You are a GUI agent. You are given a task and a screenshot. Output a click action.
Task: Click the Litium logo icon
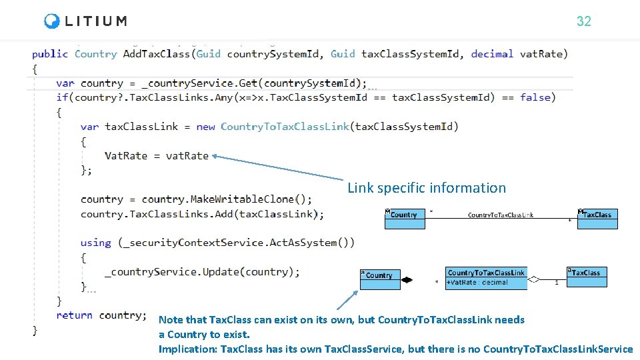[x=52, y=21]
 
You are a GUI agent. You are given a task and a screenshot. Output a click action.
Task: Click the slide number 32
[x=583, y=21]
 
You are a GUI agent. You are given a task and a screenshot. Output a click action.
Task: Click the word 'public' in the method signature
[x=50, y=54]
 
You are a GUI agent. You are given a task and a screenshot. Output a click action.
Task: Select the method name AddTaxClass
[x=157, y=54]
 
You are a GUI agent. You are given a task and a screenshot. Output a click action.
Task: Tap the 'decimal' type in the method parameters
[x=492, y=54]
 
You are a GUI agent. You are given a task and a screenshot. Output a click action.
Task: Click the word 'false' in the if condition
[x=535, y=97]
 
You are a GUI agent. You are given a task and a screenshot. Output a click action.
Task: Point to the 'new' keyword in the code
[x=205, y=127]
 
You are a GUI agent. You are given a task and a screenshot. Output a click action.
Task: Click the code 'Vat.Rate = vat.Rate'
[x=157, y=155]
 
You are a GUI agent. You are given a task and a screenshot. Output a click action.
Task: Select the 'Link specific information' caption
[x=427, y=188]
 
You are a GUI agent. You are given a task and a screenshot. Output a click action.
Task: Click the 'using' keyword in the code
[x=95, y=243]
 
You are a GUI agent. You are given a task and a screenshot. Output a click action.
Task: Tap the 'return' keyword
[x=74, y=315]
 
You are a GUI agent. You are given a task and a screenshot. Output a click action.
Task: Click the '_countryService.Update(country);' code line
[x=202, y=272]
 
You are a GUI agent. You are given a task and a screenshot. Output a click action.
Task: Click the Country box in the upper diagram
[x=405, y=219]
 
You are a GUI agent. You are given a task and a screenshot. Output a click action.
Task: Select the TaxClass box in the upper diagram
[x=597, y=219]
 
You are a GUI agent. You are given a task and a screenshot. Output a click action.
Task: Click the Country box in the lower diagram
[x=379, y=279]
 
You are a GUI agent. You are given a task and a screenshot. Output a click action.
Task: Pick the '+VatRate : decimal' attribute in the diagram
[x=477, y=283]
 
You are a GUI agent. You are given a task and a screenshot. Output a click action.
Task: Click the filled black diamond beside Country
[x=407, y=280]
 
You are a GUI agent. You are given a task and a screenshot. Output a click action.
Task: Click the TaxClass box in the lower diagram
[x=587, y=277]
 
